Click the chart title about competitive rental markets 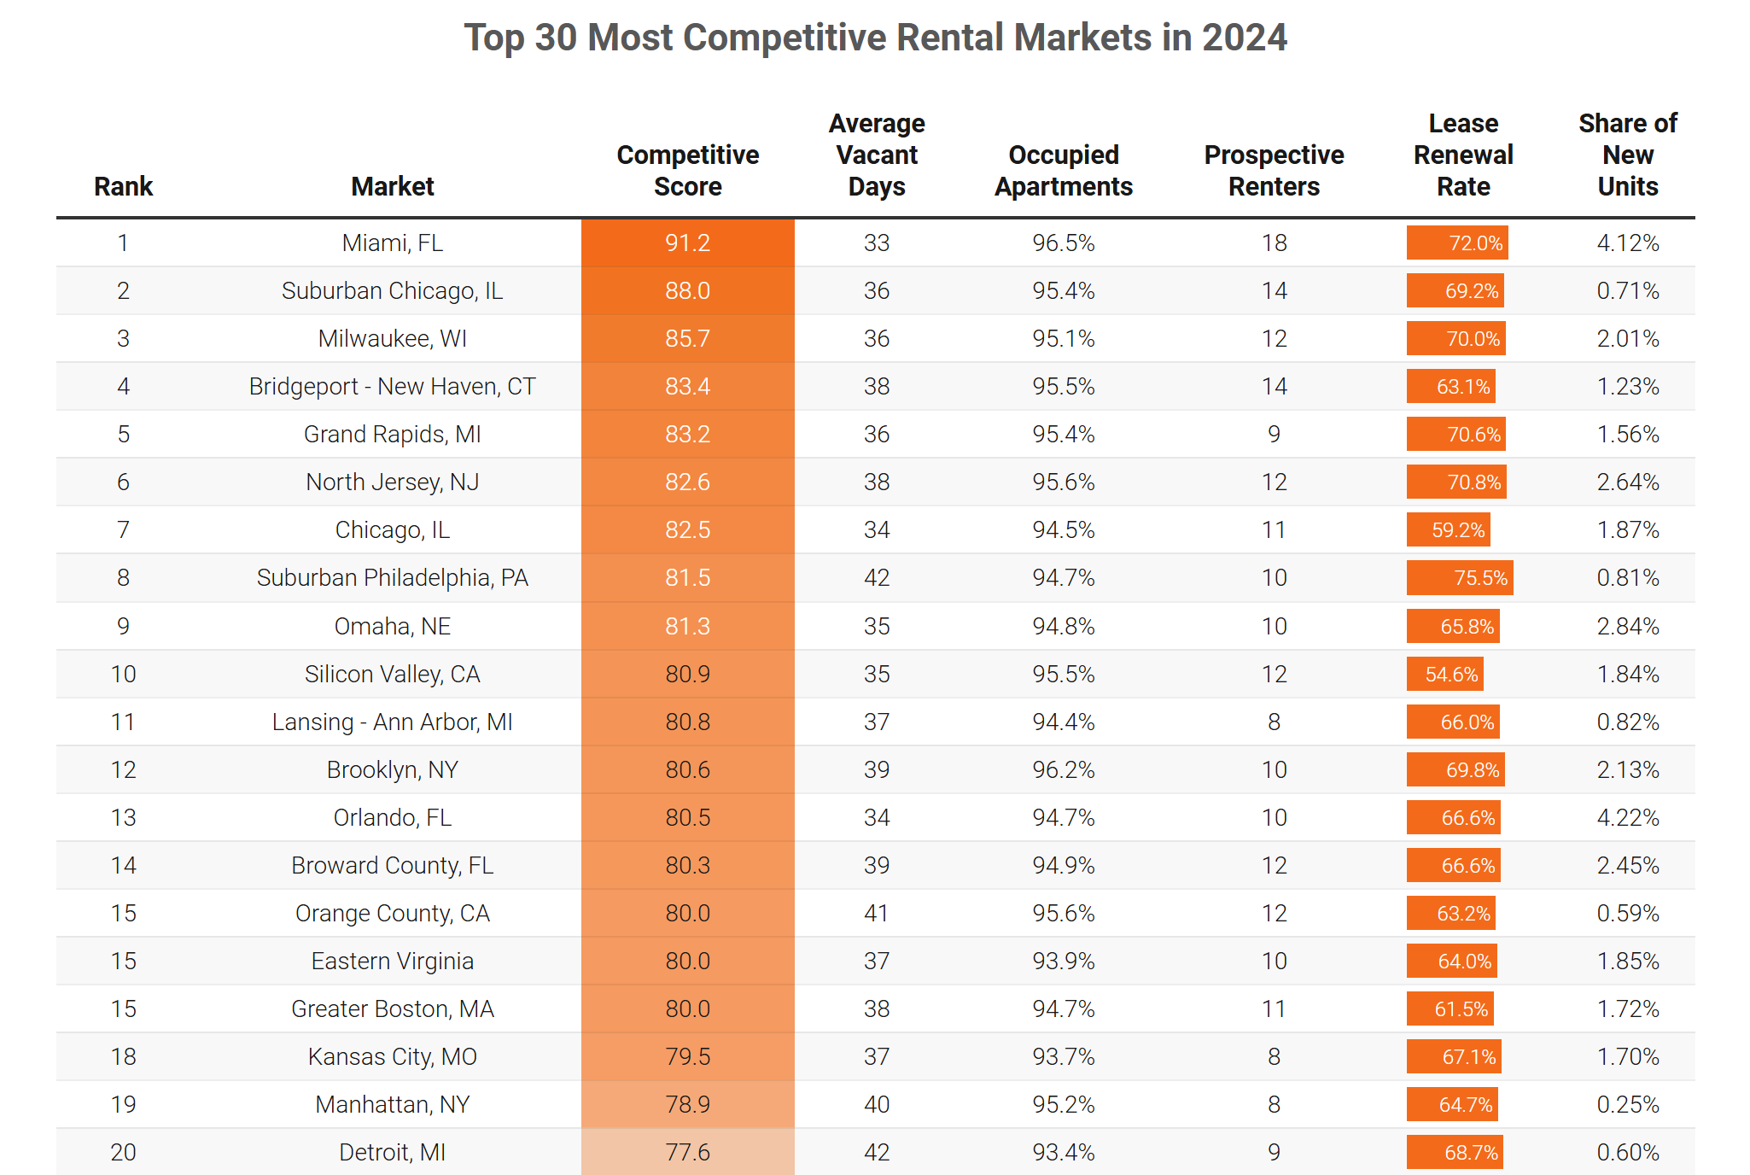coord(875,38)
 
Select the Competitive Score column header coord(687,171)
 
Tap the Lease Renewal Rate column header coord(1463,155)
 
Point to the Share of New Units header coord(1627,155)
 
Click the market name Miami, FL coord(393,243)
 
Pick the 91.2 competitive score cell coord(687,243)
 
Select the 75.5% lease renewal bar coord(1460,578)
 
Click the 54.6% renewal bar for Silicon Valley coord(1445,675)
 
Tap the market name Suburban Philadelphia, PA coord(393,578)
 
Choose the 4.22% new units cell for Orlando coord(1627,818)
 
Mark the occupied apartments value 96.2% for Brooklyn coord(1063,770)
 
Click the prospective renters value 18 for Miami coord(1274,243)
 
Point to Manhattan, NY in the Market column coord(393,1105)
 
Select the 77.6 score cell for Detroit coord(687,1153)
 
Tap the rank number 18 coord(124,1057)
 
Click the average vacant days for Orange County coord(877,914)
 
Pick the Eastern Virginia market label coord(393,962)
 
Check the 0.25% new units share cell coord(1627,1105)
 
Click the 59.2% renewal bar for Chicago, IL coord(1449,530)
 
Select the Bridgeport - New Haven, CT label coord(393,387)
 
